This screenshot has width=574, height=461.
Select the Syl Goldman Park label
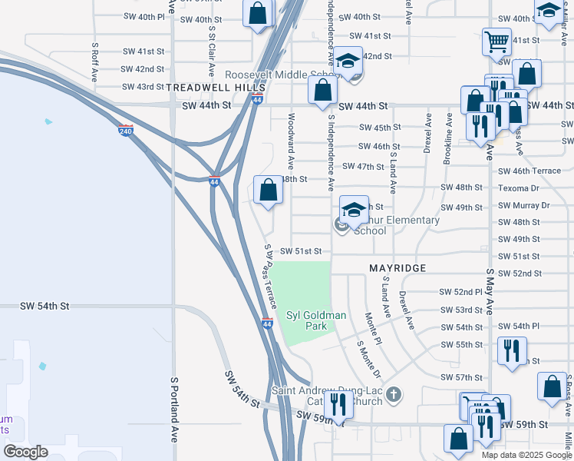click(316, 320)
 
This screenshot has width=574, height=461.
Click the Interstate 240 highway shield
click(127, 131)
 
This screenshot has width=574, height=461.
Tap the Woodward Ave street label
click(291, 141)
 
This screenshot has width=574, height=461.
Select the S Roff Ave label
click(94, 62)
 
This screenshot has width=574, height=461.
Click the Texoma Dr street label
click(519, 188)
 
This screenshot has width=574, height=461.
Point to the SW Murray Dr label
click(523, 206)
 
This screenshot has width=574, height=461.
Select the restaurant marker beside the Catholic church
click(338, 403)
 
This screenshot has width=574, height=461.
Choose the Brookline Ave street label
click(448, 139)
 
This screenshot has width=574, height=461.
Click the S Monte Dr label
click(369, 359)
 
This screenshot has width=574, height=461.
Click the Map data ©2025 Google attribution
click(526, 454)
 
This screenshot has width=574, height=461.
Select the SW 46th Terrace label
click(529, 171)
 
